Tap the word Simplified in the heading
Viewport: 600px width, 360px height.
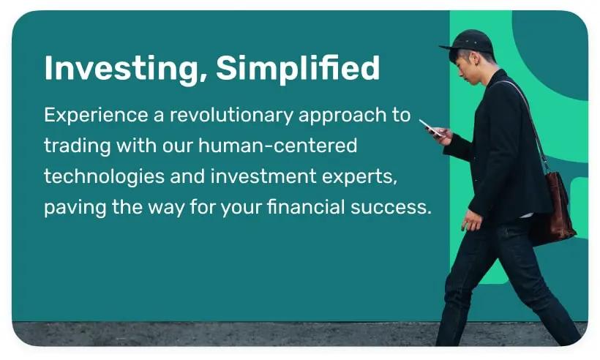tap(298, 69)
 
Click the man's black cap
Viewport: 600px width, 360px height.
tap(471, 40)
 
